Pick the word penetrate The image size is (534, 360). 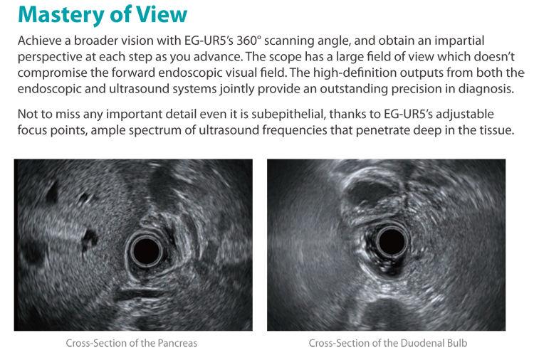point(382,130)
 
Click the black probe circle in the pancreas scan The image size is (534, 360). point(147,251)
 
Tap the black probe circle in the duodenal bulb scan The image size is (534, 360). point(392,241)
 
